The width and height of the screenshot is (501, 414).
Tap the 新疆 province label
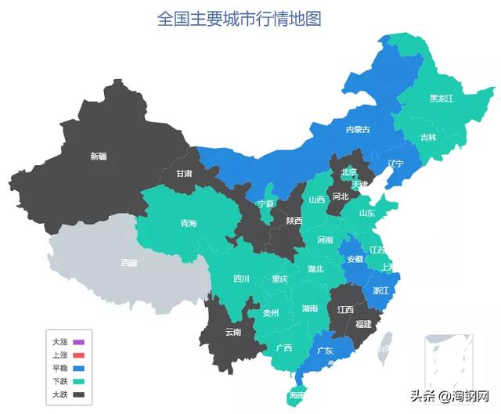coord(99,156)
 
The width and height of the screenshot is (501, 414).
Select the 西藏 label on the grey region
coord(129,264)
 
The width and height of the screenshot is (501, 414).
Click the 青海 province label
coord(189,224)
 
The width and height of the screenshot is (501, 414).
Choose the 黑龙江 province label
coord(442,99)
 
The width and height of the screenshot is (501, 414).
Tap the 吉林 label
coord(428,137)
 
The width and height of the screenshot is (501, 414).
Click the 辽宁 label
coord(395,164)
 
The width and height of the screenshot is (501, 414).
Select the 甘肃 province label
coord(185,174)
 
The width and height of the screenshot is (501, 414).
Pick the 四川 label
coord(241,278)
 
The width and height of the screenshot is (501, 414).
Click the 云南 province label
coord(233,332)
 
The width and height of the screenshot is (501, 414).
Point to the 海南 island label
coord(297,397)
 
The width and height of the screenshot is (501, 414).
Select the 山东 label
coord(367,213)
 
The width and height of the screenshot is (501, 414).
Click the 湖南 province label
coord(309,308)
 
